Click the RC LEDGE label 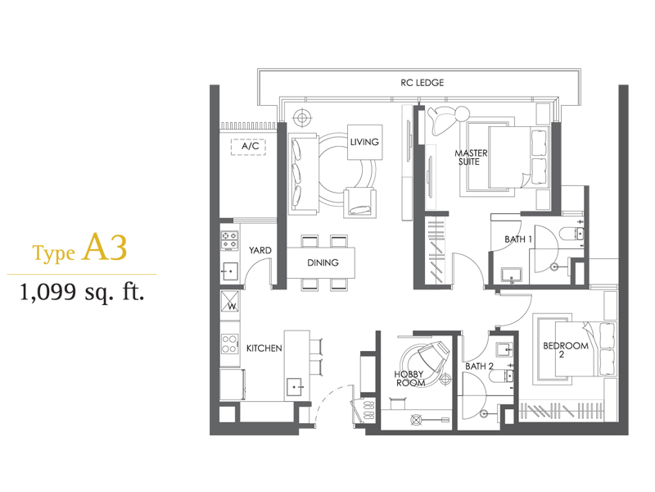click(x=422, y=83)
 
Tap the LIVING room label click(x=364, y=142)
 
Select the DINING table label click(x=323, y=262)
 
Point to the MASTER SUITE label click(x=470, y=157)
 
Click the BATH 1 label click(x=518, y=239)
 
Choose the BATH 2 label click(x=479, y=366)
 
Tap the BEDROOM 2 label click(x=566, y=350)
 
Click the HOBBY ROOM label click(x=410, y=378)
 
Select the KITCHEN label click(x=264, y=348)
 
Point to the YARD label click(x=260, y=250)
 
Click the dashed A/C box click(x=249, y=147)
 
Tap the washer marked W click(x=230, y=301)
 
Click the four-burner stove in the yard click(x=229, y=240)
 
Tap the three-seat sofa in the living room click(x=303, y=175)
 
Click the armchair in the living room click(x=359, y=203)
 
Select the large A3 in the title click(x=106, y=248)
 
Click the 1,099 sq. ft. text click(x=82, y=292)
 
